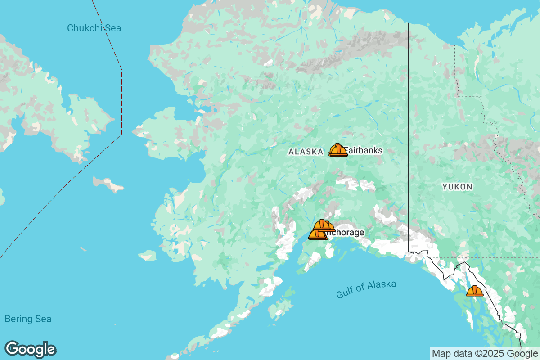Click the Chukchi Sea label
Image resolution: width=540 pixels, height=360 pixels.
click(94, 28)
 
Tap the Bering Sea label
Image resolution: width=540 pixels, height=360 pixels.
click(28, 319)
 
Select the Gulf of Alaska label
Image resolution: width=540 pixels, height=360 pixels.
click(366, 289)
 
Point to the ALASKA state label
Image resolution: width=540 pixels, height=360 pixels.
click(306, 152)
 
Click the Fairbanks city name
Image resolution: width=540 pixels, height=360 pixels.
click(364, 151)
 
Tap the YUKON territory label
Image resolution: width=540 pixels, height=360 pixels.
click(457, 187)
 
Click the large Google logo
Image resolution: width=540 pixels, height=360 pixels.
click(30, 349)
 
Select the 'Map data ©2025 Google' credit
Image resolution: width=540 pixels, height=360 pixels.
click(485, 353)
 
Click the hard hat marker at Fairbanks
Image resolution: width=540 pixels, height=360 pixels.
click(337, 150)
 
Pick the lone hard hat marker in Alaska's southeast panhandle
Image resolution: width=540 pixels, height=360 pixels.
click(474, 291)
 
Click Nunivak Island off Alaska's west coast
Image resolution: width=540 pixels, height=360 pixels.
click(148, 256)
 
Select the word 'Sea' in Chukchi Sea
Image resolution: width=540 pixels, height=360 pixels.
click(112, 28)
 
